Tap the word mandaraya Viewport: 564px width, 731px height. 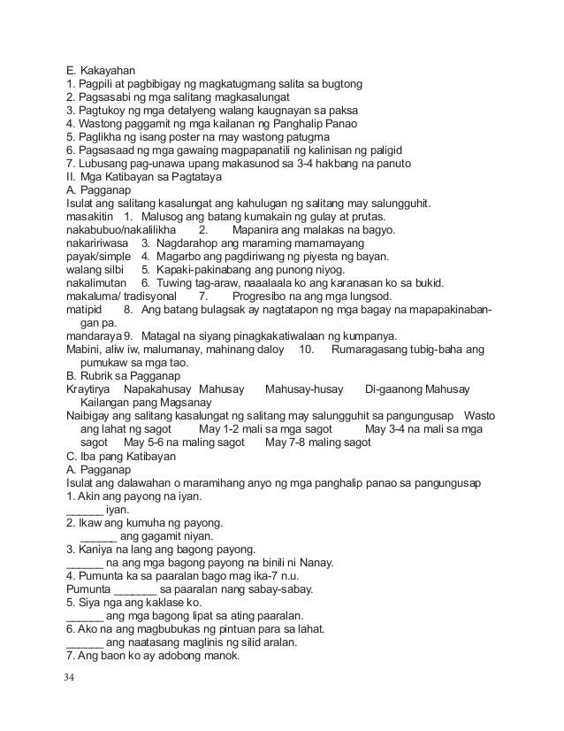point(95,336)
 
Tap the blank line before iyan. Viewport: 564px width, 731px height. point(84,510)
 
